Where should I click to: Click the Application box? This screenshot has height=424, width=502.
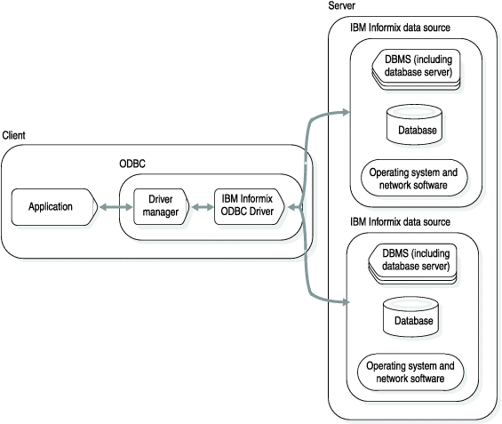tap(52, 206)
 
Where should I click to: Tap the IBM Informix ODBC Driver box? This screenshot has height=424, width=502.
tap(249, 206)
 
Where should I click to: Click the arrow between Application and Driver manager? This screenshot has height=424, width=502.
tap(112, 206)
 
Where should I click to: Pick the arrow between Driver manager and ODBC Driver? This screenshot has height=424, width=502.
tap(201, 206)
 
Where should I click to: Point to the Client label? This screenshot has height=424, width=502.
tap(13, 135)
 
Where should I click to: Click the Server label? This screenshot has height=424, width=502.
tap(343, 7)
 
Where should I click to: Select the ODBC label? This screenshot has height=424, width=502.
tap(132, 164)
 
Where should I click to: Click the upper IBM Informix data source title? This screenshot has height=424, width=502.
tap(400, 28)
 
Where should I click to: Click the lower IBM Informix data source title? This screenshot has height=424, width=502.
tap(400, 221)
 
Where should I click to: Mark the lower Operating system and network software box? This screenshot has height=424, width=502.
tap(410, 372)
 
